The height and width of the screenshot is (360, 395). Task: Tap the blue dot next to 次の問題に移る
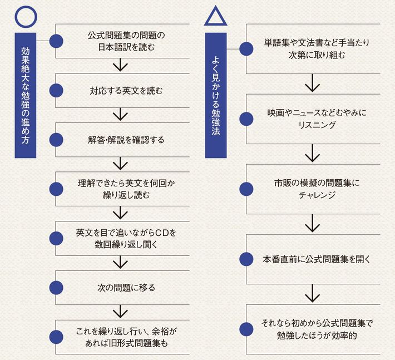pyautogui.click(x=56, y=288)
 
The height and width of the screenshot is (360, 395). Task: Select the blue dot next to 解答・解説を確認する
pyautogui.click(x=56, y=139)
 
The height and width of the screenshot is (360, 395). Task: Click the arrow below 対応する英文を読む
pyautogui.click(x=120, y=115)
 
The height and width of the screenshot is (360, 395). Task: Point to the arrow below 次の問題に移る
pyautogui.click(x=120, y=312)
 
